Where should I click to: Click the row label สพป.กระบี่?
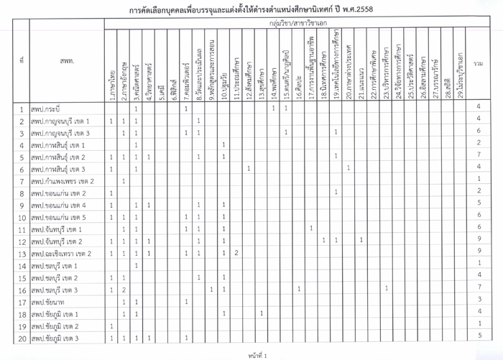tap(51, 109)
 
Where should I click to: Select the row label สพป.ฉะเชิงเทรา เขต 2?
tap(66, 254)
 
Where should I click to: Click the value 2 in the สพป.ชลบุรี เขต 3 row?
tap(124, 290)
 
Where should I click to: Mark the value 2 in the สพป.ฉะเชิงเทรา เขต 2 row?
tap(236, 254)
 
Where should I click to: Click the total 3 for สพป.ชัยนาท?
tap(478, 300)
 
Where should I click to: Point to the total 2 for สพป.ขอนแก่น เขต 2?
tap(478, 190)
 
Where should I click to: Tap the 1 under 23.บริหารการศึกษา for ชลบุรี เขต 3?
tap(387, 290)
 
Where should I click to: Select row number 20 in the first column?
tap(22, 338)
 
